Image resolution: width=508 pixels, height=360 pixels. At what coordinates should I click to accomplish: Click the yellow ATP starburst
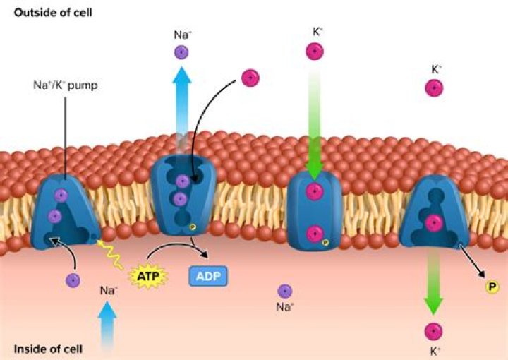point(148,277)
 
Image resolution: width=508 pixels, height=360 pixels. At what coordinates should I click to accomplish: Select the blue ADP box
point(208,277)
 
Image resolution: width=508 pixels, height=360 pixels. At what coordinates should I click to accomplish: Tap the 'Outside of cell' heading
point(53,13)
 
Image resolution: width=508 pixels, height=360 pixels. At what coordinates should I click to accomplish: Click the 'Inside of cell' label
point(48,349)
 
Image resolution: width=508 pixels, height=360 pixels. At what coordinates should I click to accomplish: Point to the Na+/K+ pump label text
point(66,85)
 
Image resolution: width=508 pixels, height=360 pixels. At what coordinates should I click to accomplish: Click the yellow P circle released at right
point(492,287)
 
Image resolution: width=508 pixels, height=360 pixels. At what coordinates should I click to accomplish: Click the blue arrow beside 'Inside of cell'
point(107,325)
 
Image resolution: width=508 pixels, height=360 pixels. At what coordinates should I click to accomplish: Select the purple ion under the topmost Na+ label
point(181,52)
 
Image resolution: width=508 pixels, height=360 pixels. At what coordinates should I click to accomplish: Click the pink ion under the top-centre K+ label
point(314,52)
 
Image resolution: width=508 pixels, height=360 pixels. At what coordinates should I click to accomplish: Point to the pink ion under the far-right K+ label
point(434,88)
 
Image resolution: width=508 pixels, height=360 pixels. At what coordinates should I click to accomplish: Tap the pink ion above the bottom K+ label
point(433,332)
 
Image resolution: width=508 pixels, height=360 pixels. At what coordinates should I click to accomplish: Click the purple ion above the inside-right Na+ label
point(285,291)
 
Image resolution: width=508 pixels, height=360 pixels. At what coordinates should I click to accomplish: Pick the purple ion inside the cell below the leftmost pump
point(73,280)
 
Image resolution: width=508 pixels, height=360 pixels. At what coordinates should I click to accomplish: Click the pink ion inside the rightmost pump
point(433,222)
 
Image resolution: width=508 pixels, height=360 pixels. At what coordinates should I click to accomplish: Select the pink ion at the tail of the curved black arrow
point(250,78)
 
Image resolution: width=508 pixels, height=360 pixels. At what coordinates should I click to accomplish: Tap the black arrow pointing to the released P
point(472,261)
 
